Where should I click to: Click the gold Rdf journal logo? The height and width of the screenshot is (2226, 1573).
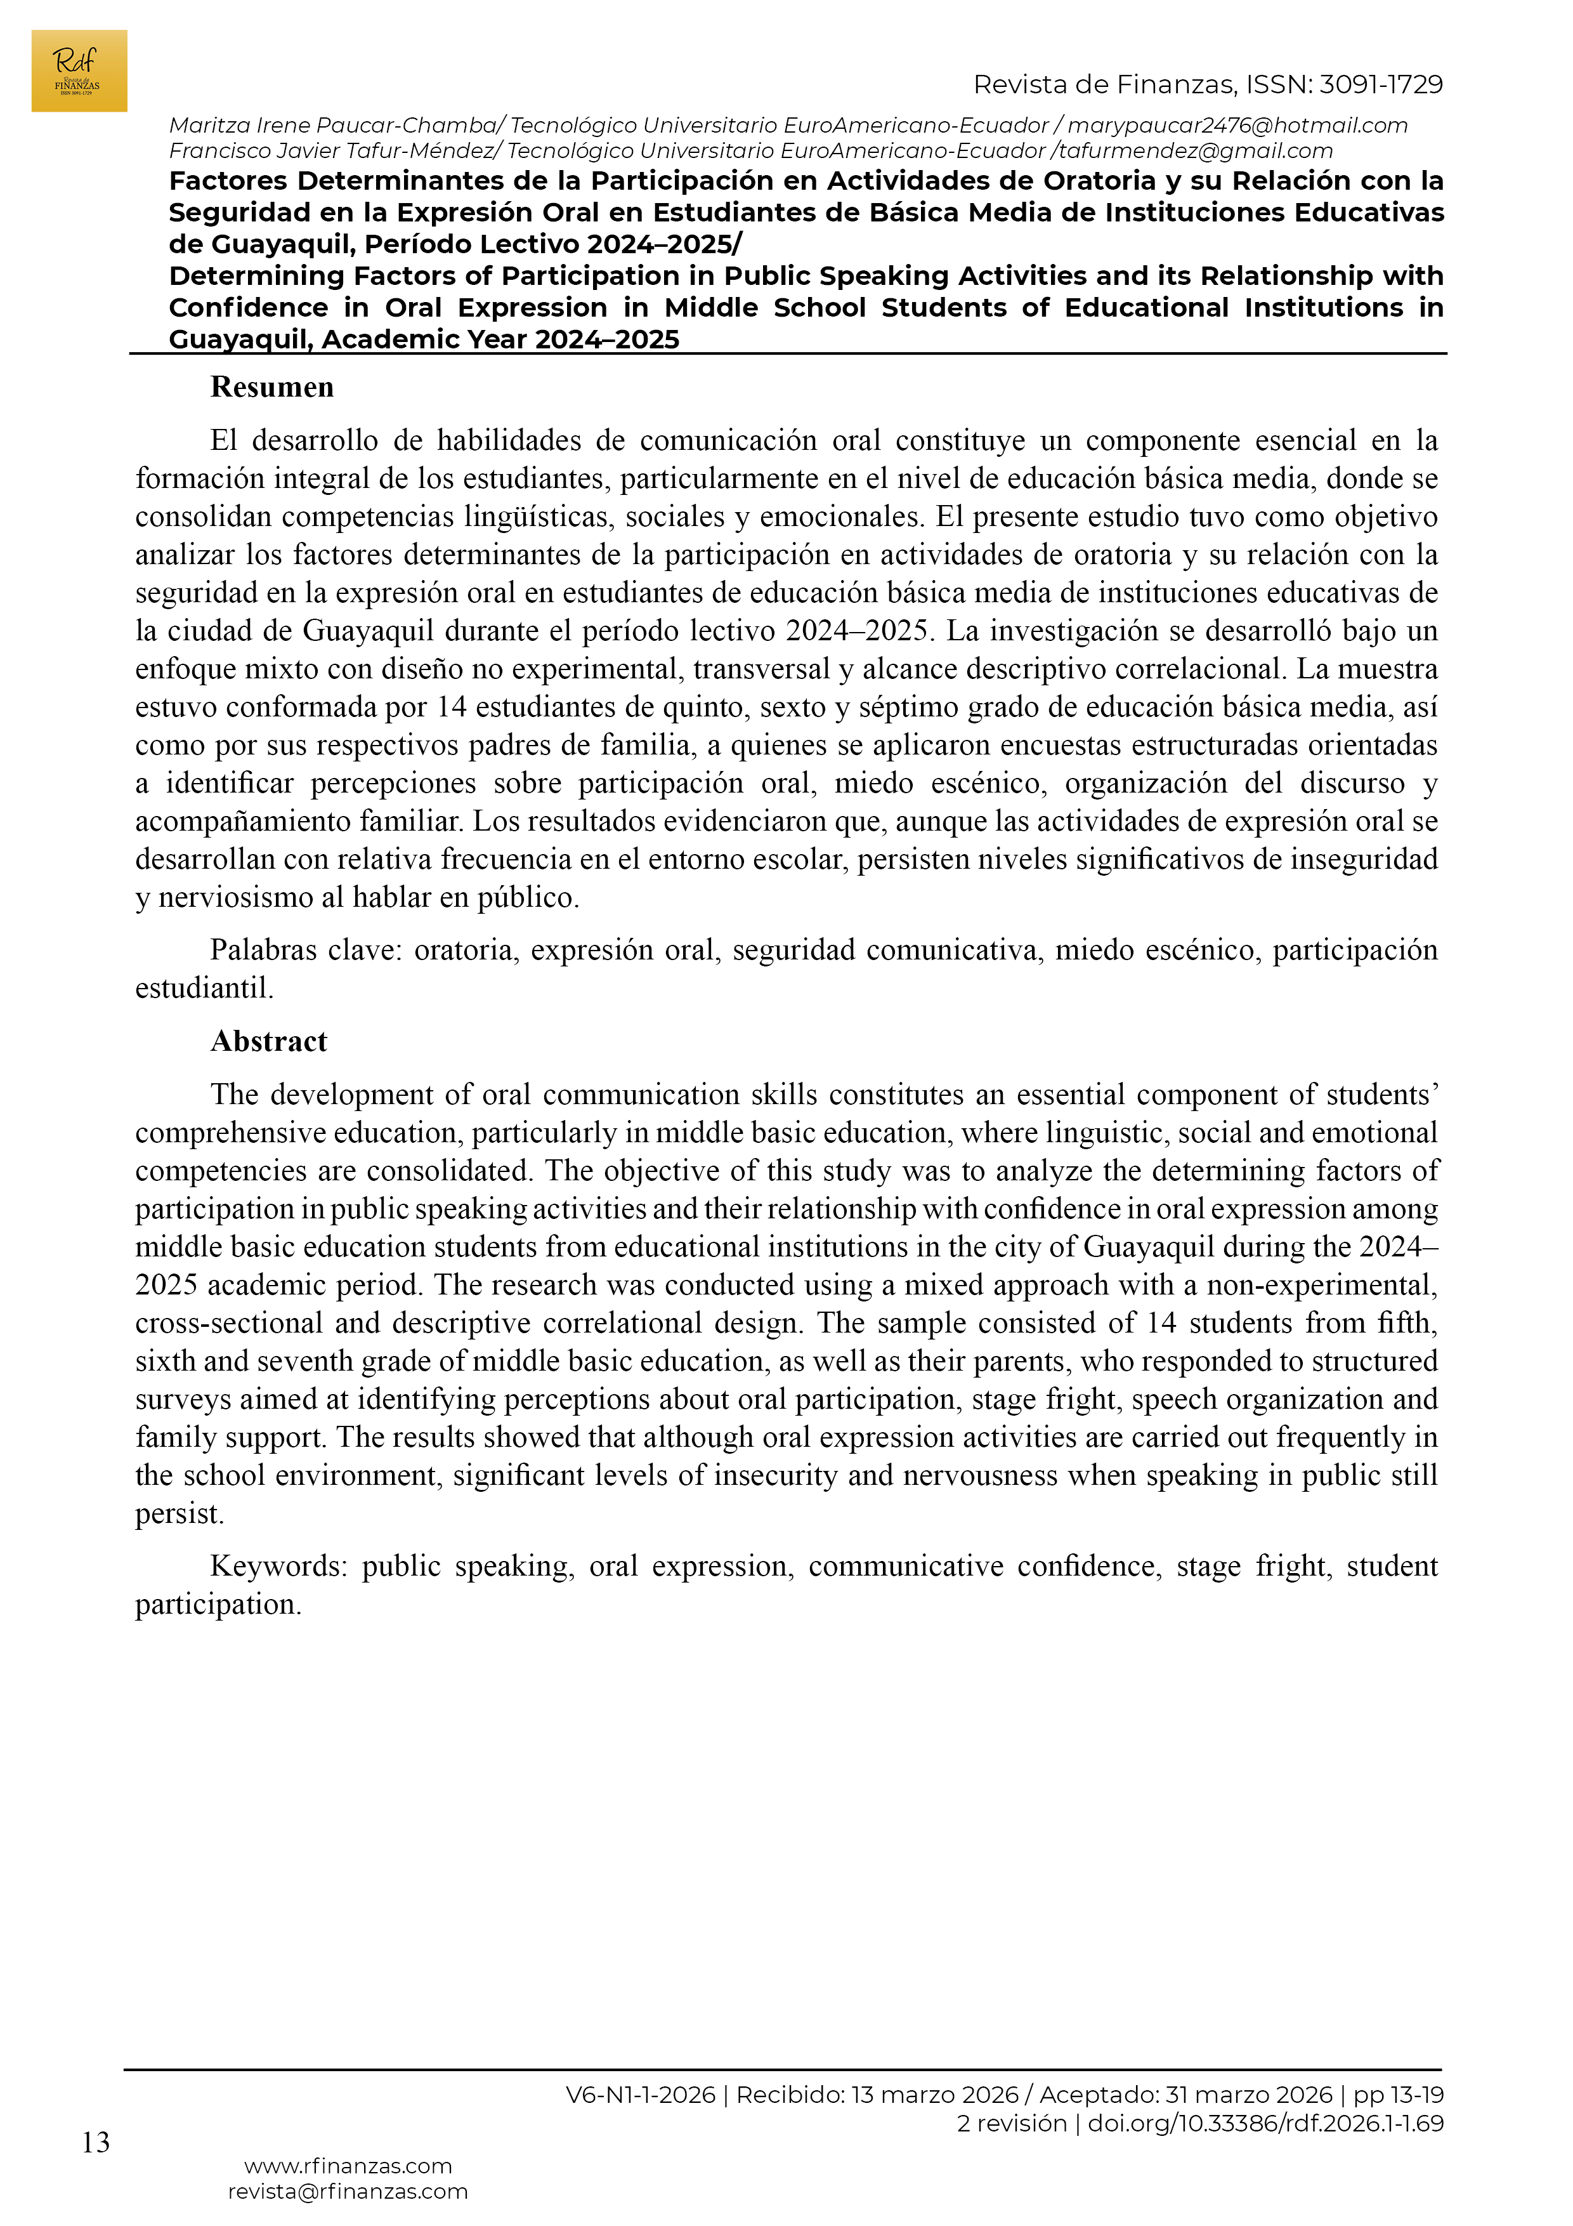(x=79, y=71)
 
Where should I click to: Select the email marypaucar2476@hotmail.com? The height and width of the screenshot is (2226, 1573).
(x=1237, y=126)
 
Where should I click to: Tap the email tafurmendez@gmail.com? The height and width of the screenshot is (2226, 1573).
(x=1196, y=151)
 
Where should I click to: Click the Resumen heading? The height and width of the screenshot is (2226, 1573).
(x=272, y=388)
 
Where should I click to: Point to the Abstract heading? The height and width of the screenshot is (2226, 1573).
(x=270, y=1041)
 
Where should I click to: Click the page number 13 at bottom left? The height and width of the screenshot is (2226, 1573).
(x=96, y=2143)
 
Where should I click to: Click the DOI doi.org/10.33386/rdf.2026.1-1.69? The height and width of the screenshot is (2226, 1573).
(x=1266, y=2123)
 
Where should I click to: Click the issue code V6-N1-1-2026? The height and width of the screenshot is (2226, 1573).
(x=641, y=2095)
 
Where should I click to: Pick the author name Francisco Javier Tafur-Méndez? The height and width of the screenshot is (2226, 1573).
(x=332, y=151)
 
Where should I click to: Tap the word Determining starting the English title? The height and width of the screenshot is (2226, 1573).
(x=257, y=276)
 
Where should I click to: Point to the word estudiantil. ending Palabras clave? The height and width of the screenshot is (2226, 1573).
(x=204, y=989)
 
